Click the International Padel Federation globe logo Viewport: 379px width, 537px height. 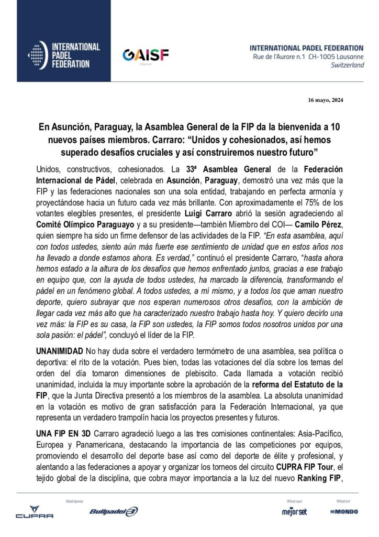[x=36, y=56]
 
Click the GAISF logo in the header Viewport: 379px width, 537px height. [x=138, y=55]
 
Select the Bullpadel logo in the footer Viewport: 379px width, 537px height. [x=114, y=512]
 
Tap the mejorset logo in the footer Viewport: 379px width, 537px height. [x=294, y=511]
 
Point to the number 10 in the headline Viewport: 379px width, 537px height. [x=337, y=127]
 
